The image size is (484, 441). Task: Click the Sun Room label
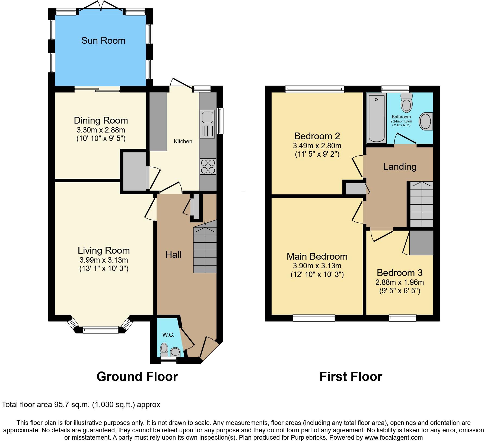(103, 41)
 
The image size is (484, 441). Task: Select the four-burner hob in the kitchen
(208, 166)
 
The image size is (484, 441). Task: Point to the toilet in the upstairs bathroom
(406, 103)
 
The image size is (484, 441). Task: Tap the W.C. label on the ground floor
(168, 335)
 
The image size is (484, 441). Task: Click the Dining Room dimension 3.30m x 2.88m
(101, 130)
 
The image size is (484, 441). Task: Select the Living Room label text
(104, 250)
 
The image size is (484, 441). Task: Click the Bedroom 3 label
(400, 272)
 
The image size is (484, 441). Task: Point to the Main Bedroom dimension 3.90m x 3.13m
(317, 266)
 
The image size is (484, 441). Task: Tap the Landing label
(400, 166)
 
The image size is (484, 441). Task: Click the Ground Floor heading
(137, 377)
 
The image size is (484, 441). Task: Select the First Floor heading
(351, 377)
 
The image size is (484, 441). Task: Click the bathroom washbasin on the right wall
(425, 121)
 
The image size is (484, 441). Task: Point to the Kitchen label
(183, 141)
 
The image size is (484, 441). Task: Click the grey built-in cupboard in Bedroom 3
(421, 243)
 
